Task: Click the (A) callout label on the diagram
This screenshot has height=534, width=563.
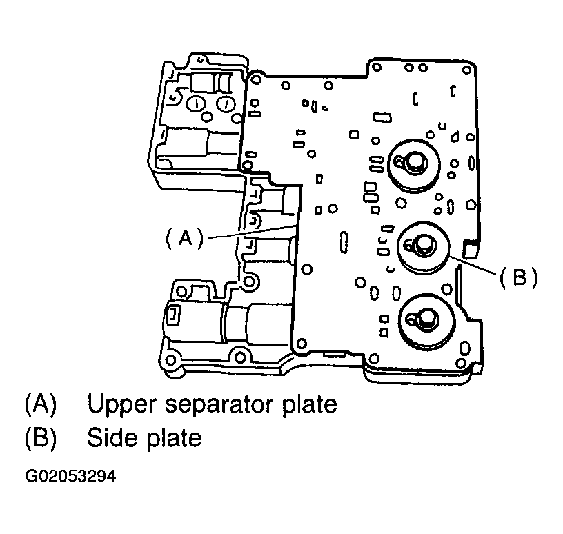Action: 184,238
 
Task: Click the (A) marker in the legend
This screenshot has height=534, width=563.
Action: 40,404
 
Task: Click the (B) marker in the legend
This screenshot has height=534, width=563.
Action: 40,437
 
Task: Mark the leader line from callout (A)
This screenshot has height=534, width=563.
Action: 252,231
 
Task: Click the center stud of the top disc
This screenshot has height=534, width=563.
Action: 415,160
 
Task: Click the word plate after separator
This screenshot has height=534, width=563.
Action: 308,404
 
